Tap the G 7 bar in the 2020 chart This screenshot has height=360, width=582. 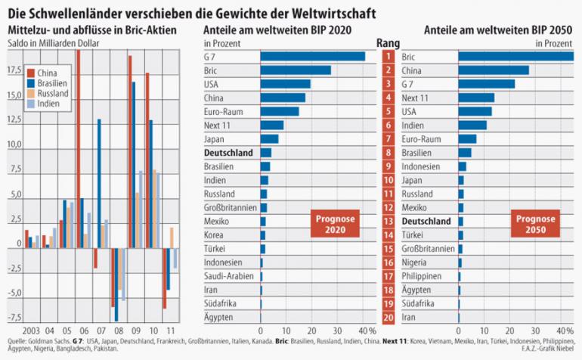[x=312, y=56]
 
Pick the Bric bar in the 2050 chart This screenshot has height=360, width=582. [x=515, y=56]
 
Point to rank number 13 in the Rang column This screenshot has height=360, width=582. [x=388, y=221]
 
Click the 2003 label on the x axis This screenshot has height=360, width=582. [x=32, y=331]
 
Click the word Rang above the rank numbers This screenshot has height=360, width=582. [x=387, y=43]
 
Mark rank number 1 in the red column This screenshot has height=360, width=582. [x=388, y=57]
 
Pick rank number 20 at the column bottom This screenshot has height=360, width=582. [x=388, y=316]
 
